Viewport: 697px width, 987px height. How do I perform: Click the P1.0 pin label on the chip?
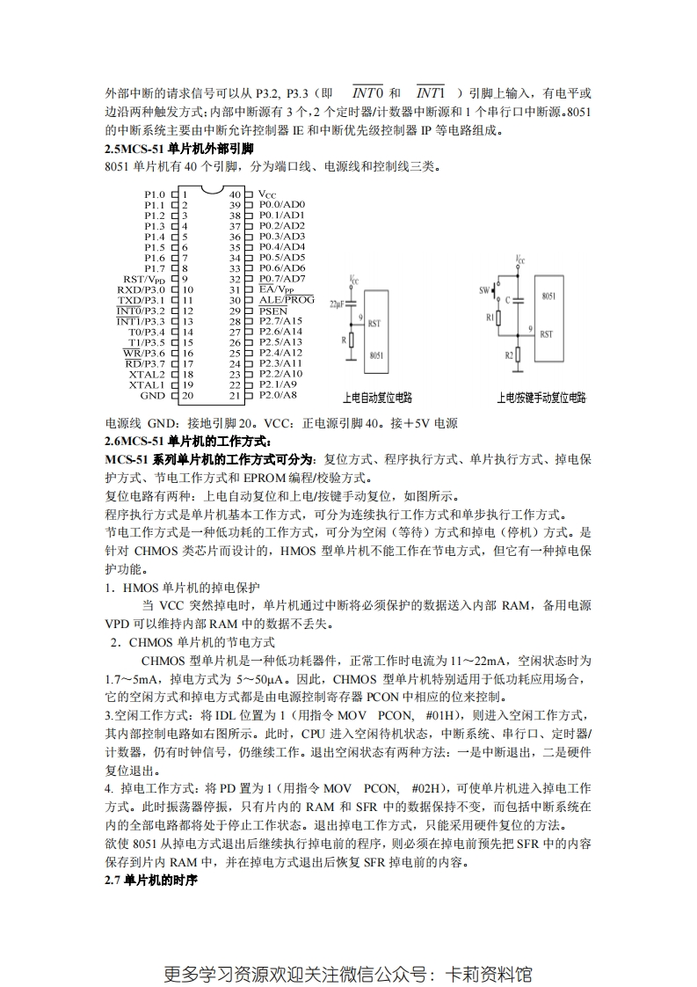click(x=154, y=194)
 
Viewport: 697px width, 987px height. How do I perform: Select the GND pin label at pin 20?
click(x=153, y=396)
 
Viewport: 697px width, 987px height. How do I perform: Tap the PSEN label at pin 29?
click(x=272, y=311)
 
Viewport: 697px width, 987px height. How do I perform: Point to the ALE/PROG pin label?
click(x=287, y=300)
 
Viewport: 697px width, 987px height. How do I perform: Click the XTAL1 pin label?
click(x=147, y=384)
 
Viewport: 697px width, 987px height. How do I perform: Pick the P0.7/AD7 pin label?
click(x=282, y=279)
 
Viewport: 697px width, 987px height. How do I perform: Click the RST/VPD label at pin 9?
click(x=144, y=279)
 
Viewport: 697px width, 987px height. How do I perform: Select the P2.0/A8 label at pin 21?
click(x=279, y=396)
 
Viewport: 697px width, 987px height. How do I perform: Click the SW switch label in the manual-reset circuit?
click(x=483, y=289)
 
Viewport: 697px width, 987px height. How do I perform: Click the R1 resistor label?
click(x=490, y=317)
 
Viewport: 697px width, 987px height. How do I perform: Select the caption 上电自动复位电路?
click(x=378, y=398)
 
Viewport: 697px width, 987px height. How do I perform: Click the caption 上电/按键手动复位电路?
click(x=541, y=398)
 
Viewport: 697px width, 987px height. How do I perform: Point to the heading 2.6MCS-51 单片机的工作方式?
click(x=189, y=441)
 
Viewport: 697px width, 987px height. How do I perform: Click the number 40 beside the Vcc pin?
click(x=235, y=194)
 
